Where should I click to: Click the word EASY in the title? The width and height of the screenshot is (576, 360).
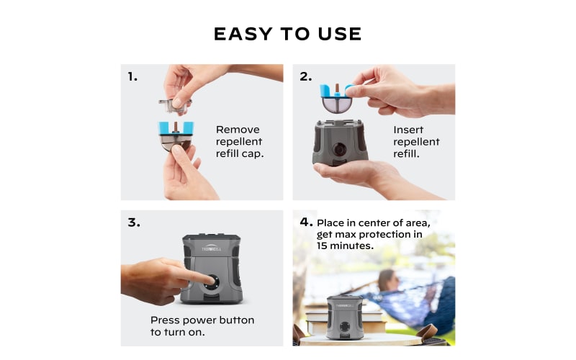(243, 34)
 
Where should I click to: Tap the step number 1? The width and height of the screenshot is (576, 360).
(132, 76)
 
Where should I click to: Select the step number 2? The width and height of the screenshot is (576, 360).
(305, 76)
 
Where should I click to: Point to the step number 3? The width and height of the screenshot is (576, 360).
(134, 222)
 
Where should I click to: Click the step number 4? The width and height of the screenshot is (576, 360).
(307, 222)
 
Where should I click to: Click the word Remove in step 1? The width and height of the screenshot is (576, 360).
(238, 130)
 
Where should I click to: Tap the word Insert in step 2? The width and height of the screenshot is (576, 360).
(408, 130)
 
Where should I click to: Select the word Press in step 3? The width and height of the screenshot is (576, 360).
(165, 320)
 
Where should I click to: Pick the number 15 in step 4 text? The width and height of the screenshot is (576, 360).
(322, 246)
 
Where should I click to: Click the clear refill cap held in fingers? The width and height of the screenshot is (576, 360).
(175, 105)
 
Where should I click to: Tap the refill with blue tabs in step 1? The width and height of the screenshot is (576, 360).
(176, 136)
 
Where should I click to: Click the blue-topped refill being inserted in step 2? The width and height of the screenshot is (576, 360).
(336, 98)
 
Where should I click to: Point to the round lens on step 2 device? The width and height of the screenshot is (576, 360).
(339, 149)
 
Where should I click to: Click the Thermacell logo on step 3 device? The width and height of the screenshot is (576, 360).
(211, 248)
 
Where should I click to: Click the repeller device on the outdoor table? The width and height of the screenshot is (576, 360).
(345, 317)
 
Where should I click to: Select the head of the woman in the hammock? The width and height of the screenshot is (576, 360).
(386, 280)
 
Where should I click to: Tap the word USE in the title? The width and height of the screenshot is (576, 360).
(340, 34)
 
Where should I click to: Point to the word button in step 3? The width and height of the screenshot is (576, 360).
(237, 320)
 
